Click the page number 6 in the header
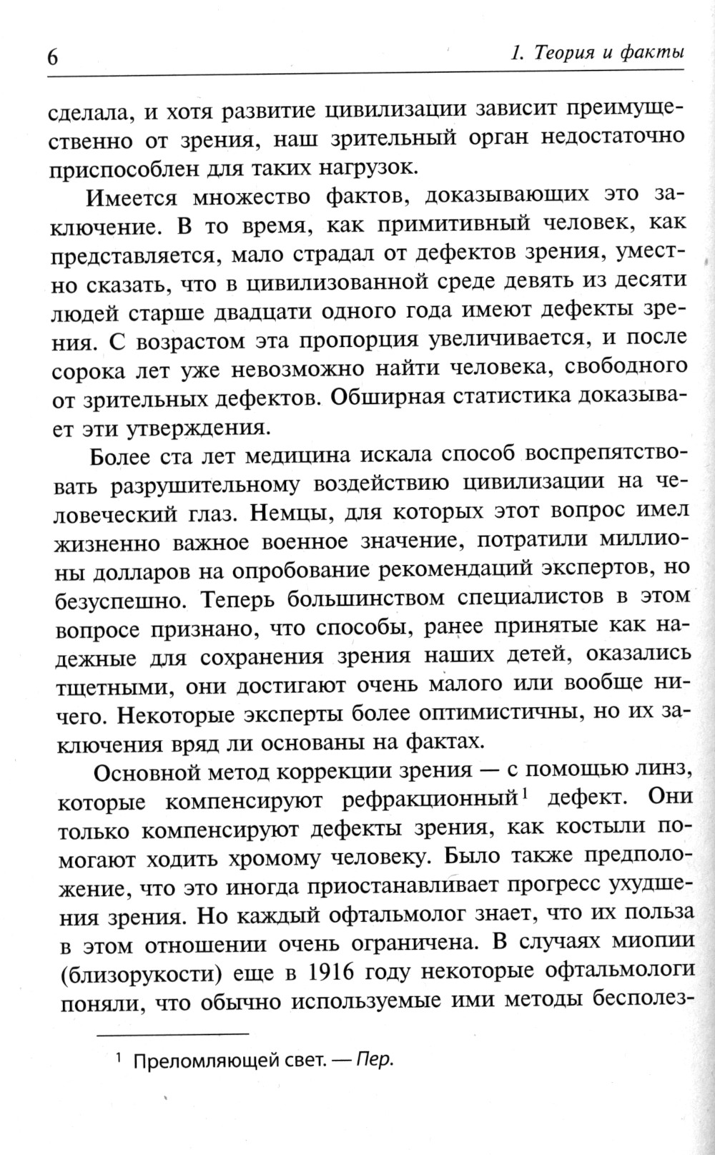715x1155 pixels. [52, 57]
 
